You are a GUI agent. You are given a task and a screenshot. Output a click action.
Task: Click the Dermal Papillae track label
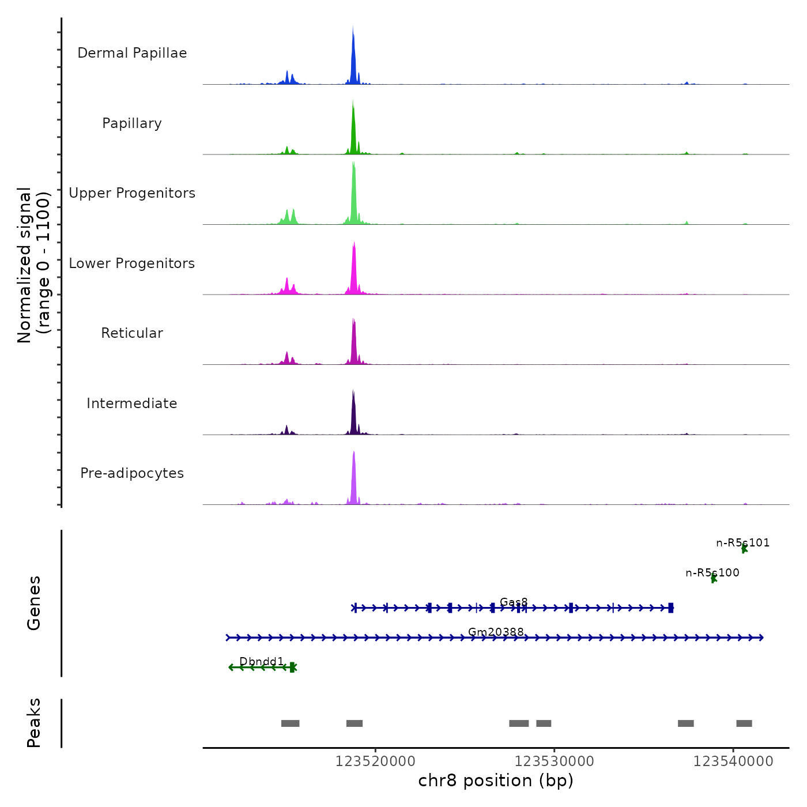[x=132, y=53]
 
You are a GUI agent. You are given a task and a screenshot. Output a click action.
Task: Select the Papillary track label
[x=132, y=123]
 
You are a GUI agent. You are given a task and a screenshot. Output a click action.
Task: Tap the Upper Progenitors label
[x=132, y=193]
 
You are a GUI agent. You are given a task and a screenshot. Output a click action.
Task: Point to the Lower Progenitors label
[x=132, y=263]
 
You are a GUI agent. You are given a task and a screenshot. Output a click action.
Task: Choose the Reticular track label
[x=132, y=333]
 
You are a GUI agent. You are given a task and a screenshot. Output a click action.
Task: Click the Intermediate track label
[x=132, y=403]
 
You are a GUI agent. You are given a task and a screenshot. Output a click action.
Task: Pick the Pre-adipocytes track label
[x=132, y=473]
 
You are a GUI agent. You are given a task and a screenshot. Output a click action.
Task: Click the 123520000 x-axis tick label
[x=375, y=761]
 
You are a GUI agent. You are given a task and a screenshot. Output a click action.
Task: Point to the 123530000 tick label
[x=554, y=761]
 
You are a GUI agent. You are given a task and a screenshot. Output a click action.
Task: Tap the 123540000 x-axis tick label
[x=733, y=761]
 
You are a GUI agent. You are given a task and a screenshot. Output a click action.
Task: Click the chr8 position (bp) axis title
[x=496, y=780]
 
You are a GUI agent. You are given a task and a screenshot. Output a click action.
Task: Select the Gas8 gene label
[x=514, y=602]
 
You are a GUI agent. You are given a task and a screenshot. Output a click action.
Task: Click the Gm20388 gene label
[x=496, y=632]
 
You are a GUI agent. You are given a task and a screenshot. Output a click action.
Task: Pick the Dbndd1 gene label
[x=262, y=662]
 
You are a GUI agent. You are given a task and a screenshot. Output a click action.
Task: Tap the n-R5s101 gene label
[x=742, y=543]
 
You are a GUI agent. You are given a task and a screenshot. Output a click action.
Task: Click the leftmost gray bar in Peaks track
[x=290, y=723]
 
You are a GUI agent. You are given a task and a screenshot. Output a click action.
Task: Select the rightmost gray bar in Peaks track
[x=744, y=723]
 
